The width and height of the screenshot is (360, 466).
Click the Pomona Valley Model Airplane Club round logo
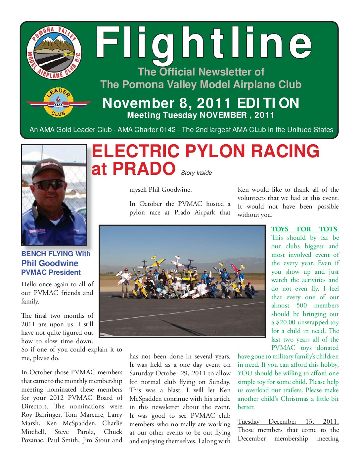(x=54, y=52)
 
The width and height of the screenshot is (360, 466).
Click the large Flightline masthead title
(x=203, y=44)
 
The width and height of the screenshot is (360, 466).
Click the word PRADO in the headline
(x=144, y=169)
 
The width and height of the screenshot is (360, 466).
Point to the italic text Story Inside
(x=196, y=173)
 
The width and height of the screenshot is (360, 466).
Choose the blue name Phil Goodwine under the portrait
(x=50, y=263)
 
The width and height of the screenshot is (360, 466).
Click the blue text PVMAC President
(x=51, y=272)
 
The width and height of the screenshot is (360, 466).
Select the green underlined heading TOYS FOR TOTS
(x=305, y=229)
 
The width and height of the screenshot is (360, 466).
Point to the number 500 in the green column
(x=301, y=305)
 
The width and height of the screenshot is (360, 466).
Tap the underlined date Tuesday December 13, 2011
(x=288, y=422)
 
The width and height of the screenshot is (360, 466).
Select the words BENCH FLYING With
(x=56, y=254)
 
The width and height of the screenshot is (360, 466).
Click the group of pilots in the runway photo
(x=182, y=280)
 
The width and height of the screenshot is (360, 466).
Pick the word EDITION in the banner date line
(x=268, y=103)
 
